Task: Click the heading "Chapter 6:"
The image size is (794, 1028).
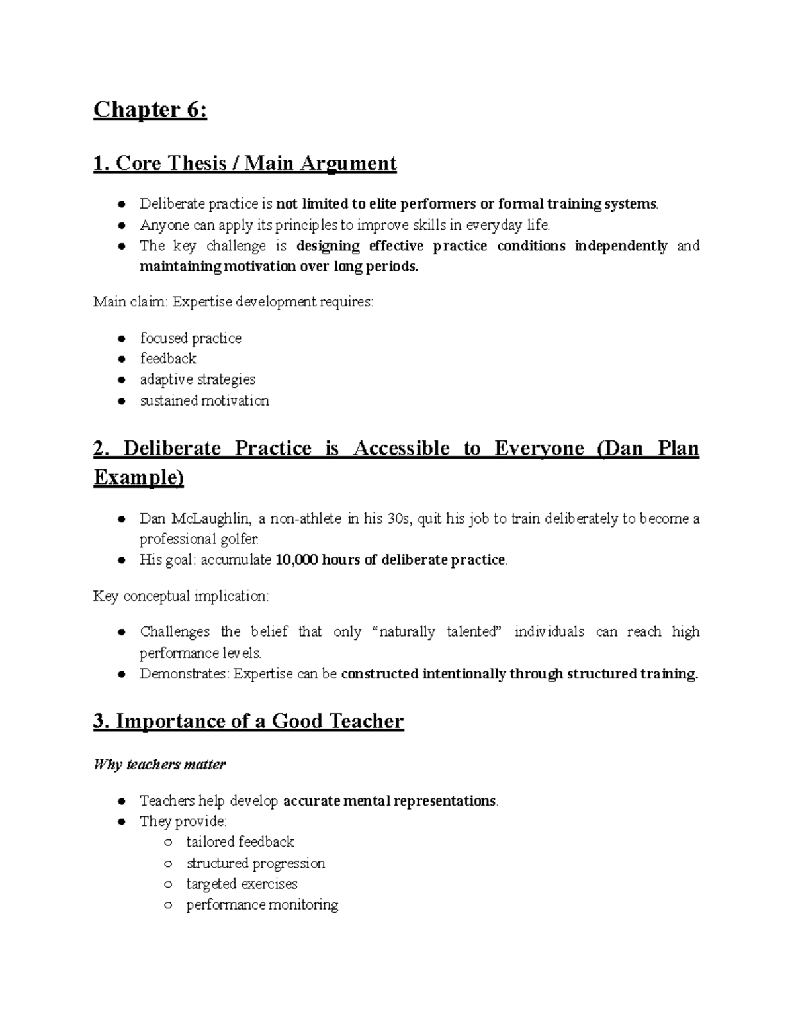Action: (150, 110)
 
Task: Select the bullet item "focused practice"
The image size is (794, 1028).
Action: (191, 338)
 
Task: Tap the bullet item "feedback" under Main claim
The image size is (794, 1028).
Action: (168, 359)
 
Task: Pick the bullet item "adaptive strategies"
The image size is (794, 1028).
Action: (197, 379)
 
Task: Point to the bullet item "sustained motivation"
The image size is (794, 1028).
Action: (204, 400)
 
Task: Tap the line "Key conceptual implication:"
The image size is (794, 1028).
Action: (181, 596)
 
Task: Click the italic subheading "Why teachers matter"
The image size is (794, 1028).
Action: (159, 765)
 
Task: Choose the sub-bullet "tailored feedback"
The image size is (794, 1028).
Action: (240, 842)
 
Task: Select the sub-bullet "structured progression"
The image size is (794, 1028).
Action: (255, 863)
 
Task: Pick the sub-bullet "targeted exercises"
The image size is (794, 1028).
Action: (242, 884)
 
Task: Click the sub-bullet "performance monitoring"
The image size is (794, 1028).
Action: (262, 905)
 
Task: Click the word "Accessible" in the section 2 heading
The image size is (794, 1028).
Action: (402, 449)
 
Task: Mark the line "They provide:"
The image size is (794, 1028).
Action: (183, 821)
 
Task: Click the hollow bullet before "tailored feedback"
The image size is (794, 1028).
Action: (169, 843)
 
